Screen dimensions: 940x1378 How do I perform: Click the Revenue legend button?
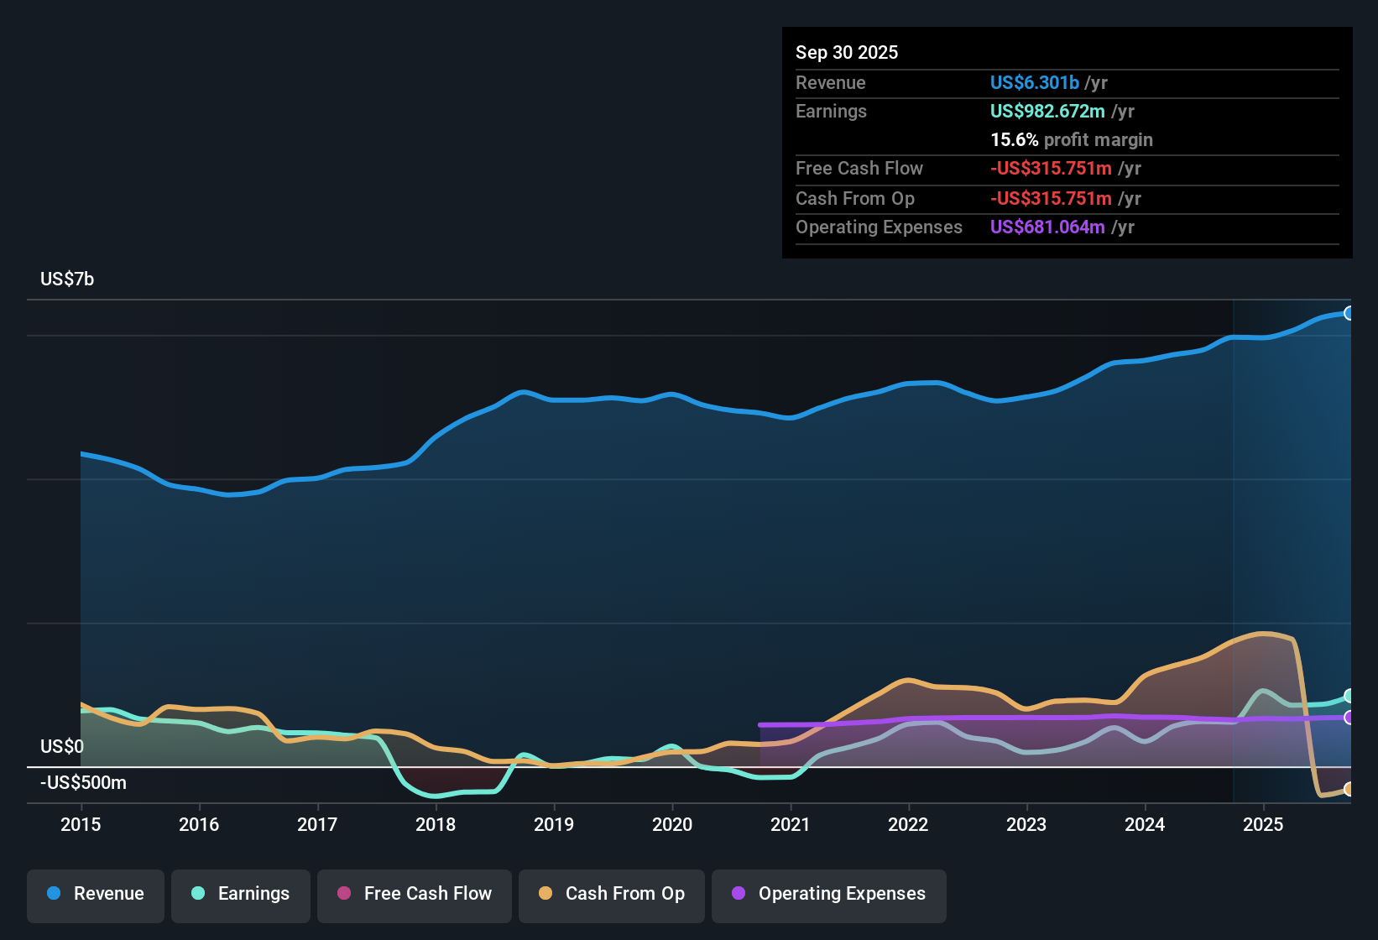tap(96, 894)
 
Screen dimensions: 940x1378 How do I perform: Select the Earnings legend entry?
tap(241, 894)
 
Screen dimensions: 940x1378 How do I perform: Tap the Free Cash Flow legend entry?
tap(415, 894)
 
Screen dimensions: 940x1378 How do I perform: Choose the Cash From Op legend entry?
tap(612, 894)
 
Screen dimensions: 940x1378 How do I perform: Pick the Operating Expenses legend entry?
tap(829, 894)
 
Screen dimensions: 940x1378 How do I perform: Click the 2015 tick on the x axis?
tap(81, 824)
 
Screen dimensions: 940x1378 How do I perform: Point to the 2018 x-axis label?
tap(436, 824)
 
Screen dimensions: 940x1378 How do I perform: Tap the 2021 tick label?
tap(790, 824)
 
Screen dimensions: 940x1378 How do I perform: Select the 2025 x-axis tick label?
tap(1263, 824)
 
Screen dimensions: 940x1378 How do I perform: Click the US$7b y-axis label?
tap(67, 279)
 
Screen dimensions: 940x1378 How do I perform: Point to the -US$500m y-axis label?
tap(83, 783)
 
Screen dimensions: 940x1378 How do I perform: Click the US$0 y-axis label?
tap(62, 746)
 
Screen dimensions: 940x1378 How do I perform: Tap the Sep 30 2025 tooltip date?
tap(847, 52)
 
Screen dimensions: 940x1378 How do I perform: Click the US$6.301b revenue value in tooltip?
tap(1034, 82)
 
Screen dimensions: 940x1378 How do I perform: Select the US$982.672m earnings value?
tap(1047, 111)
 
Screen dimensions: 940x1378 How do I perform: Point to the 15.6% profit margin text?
tap(1071, 139)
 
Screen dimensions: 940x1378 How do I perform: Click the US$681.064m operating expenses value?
tap(1047, 227)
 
